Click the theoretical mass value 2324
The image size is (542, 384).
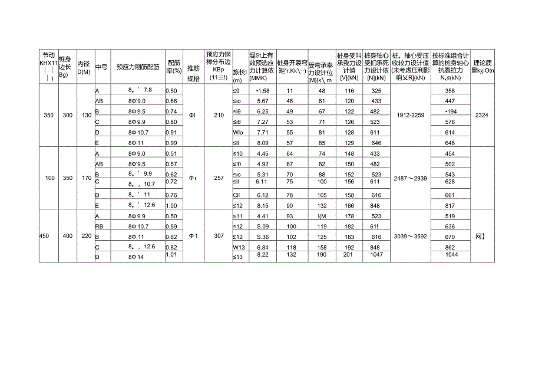pyautogui.click(x=481, y=115)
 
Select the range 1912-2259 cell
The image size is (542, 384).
pyautogui.click(x=409, y=115)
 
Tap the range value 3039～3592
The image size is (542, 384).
pyautogui.click(x=409, y=236)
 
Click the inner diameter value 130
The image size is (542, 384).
pyautogui.click(x=85, y=115)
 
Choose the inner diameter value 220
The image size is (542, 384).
pyautogui.click(x=85, y=236)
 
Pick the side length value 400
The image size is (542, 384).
pyautogui.click(x=67, y=236)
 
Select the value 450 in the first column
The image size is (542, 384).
pyautogui.click(x=44, y=236)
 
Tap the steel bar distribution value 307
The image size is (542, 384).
pyautogui.click(x=219, y=236)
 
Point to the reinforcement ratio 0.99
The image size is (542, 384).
pyautogui.click(x=171, y=143)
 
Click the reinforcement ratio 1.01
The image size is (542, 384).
pyautogui.click(x=171, y=254)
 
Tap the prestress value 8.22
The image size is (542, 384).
pyautogui.click(x=262, y=254)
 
